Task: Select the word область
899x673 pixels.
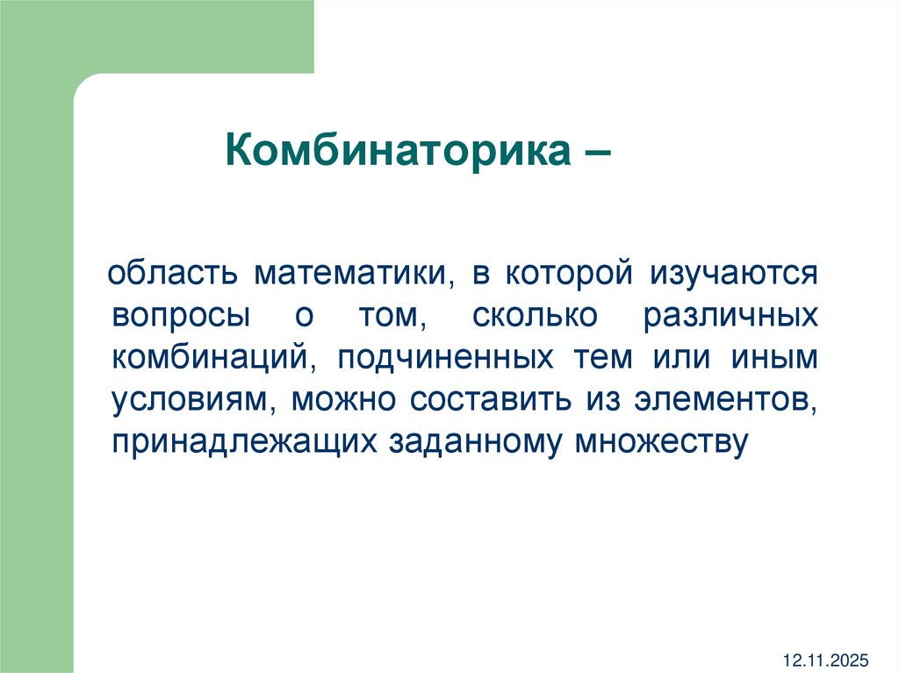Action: [175, 273]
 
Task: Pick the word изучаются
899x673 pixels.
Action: [734, 275]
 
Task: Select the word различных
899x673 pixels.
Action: [730, 317]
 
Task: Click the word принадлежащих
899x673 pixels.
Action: [244, 443]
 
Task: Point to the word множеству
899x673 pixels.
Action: [661, 443]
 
